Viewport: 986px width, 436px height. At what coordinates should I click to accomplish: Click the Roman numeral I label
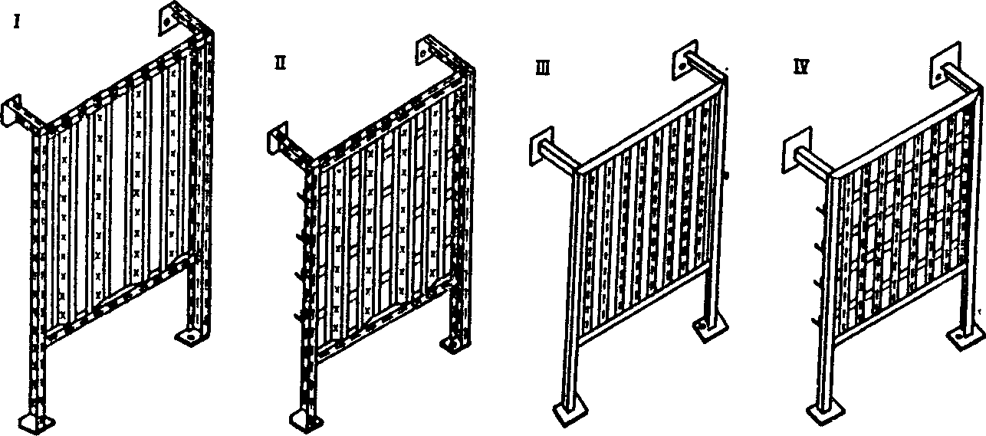point(17,22)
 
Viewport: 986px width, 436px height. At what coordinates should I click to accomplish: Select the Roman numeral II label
point(280,64)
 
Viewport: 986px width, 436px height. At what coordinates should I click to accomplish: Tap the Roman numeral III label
point(543,69)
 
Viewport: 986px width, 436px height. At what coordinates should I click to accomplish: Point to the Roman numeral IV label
point(801,67)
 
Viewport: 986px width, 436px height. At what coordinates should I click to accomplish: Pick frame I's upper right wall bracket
point(169,18)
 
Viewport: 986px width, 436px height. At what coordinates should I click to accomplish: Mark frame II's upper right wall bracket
point(426,51)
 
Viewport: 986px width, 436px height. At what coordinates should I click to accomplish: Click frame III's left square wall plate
point(541,146)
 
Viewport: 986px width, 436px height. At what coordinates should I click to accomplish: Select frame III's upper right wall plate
point(685,61)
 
